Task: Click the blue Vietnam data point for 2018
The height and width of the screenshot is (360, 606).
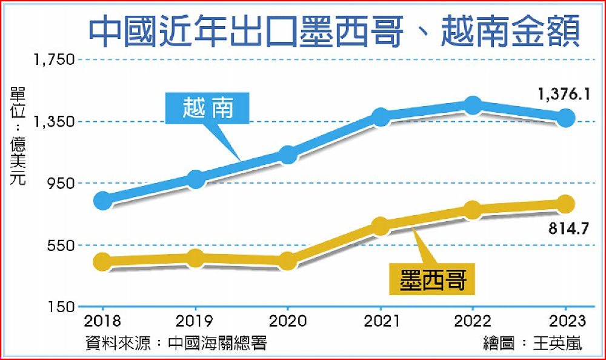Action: tap(104, 200)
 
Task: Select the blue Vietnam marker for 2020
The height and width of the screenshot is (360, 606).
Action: tap(288, 155)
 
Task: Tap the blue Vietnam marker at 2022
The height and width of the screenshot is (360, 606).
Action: tap(473, 105)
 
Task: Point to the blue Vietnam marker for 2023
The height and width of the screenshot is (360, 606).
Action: tap(566, 118)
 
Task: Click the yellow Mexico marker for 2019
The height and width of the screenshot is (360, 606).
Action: tap(195, 258)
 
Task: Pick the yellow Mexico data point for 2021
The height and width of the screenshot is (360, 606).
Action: tap(380, 226)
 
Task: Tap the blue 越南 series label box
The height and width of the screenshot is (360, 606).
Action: tap(208, 108)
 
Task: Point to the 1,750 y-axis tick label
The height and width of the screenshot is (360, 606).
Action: tap(54, 59)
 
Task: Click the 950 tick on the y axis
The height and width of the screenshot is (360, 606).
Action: tap(59, 183)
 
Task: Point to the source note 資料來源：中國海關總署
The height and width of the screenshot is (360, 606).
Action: tap(176, 343)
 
